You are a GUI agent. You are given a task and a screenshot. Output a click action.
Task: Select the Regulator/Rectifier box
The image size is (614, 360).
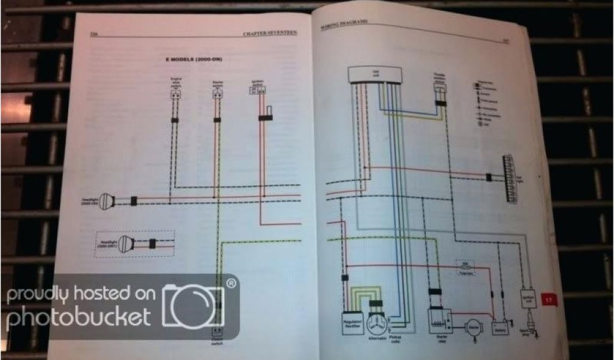pos(353,323)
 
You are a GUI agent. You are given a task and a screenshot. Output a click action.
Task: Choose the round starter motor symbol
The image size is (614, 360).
pos(474,328)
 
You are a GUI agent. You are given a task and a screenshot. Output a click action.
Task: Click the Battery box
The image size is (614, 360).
pos(499,328)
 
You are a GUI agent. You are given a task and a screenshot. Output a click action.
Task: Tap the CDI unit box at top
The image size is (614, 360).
pos(375,75)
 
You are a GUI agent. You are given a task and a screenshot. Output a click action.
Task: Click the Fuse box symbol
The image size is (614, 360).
pos(462,264)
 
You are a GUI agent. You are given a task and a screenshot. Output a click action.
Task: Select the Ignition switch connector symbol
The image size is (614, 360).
pos(257,91)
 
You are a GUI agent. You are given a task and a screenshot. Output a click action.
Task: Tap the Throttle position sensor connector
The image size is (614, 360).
pos(441,88)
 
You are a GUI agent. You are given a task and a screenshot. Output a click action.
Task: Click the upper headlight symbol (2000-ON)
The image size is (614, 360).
pos(107,201)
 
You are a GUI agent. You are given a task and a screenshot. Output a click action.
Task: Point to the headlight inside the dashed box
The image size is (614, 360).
pos(125,244)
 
